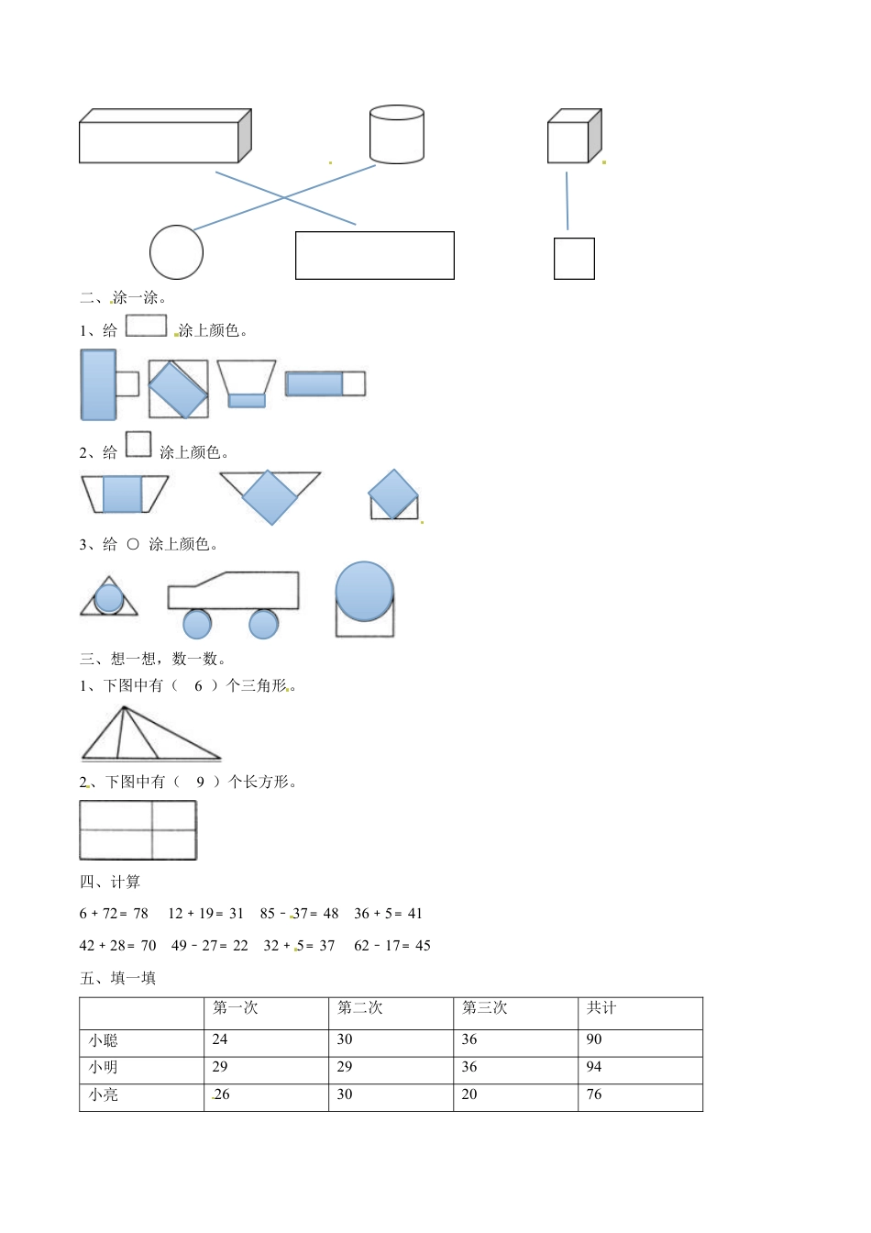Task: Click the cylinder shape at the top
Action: pyautogui.click(x=396, y=135)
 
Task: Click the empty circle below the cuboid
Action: pyautogui.click(x=176, y=252)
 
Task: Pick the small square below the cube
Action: pyautogui.click(x=574, y=258)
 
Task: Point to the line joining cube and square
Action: pyautogui.click(x=567, y=200)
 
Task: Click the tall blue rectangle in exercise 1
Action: pyautogui.click(x=98, y=384)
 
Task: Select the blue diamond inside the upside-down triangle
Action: pyautogui.click(x=270, y=497)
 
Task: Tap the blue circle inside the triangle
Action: pyautogui.click(x=109, y=599)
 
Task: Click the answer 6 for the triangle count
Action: pyautogui.click(x=198, y=685)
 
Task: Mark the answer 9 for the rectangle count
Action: pyautogui.click(x=200, y=782)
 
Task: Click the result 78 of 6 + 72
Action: pyautogui.click(x=140, y=914)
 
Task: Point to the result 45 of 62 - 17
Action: pyautogui.click(x=423, y=946)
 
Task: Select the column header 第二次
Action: pyautogui.click(x=360, y=1008)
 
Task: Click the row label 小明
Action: pyautogui.click(x=104, y=1068)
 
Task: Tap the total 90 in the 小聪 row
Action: pyautogui.click(x=594, y=1039)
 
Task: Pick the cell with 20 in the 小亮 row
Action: pyautogui.click(x=469, y=1094)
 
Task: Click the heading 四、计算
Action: pyautogui.click(x=110, y=882)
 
